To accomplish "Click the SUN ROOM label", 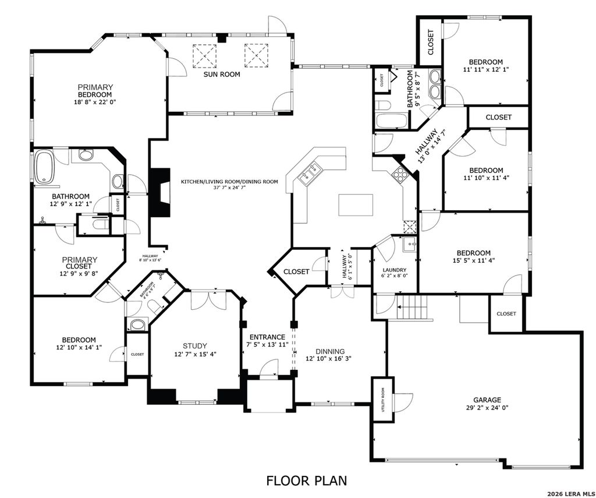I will coord(221,74).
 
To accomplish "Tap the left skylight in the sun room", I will coord(204,55).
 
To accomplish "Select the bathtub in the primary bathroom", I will coord(45,167).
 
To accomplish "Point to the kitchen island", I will coord(356,205).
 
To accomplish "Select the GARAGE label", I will coord(487,400).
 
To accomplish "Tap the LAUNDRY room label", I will coord(393,270).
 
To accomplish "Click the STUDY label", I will coord(194,345).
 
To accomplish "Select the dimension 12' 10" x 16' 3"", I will coord(330,359).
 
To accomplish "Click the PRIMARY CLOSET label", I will coord(80,263).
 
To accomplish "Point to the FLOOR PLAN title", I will coord(306,481).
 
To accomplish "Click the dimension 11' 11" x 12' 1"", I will coord(486,70).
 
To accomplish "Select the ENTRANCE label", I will coord(267,337).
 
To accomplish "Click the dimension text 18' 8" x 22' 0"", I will coord(95,102).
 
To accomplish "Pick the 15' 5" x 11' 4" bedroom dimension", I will coord(473,260).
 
